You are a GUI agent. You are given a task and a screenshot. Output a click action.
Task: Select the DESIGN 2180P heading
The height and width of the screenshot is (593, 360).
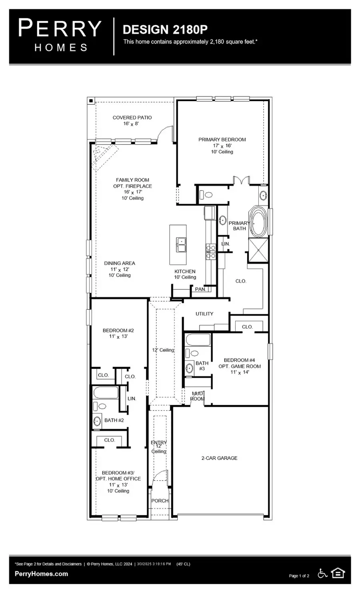(x=165, y=30)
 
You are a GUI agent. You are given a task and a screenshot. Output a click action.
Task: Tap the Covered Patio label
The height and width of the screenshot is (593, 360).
(x=132, y=120)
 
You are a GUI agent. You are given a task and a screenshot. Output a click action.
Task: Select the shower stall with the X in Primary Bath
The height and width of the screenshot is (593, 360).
(x=258, y=250)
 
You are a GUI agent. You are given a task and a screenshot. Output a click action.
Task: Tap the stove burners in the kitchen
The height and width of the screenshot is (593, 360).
(x=210, y=252)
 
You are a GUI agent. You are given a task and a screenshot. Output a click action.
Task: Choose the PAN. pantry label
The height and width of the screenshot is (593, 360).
(x=200, y=289)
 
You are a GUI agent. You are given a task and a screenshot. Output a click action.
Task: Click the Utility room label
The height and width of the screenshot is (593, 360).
(x=204, y=314)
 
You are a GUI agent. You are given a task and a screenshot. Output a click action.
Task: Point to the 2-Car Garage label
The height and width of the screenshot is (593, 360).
(x=219, y=458)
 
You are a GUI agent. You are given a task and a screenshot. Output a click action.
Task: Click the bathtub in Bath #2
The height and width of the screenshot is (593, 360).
(x=106, y=392)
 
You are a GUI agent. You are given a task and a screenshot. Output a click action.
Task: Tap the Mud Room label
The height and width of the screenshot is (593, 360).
(x=197, y=396)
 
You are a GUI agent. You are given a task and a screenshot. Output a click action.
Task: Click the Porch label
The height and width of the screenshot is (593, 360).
(x=160, y=501)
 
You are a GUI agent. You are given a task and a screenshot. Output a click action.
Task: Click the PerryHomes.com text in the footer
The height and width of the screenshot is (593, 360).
(x=41, y=574)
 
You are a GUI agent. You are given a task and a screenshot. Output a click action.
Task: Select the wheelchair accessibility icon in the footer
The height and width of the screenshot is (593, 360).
(x=322, y=573)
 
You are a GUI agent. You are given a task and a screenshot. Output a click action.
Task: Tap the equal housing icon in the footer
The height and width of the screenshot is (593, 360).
(x=338, y=573)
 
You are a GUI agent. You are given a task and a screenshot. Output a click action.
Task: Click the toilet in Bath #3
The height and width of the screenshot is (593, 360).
(x=194, y=353)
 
